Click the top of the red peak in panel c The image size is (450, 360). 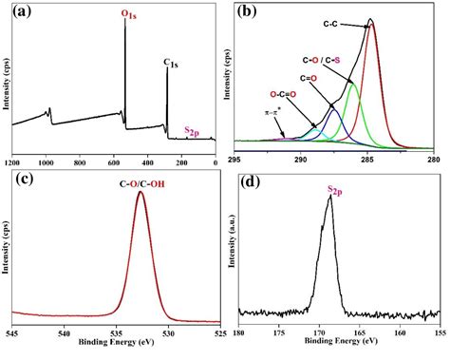click(x=141, y=193)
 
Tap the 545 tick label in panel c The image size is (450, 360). click(x=12, y=332)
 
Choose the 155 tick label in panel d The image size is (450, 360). click(x=440, y=332)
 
